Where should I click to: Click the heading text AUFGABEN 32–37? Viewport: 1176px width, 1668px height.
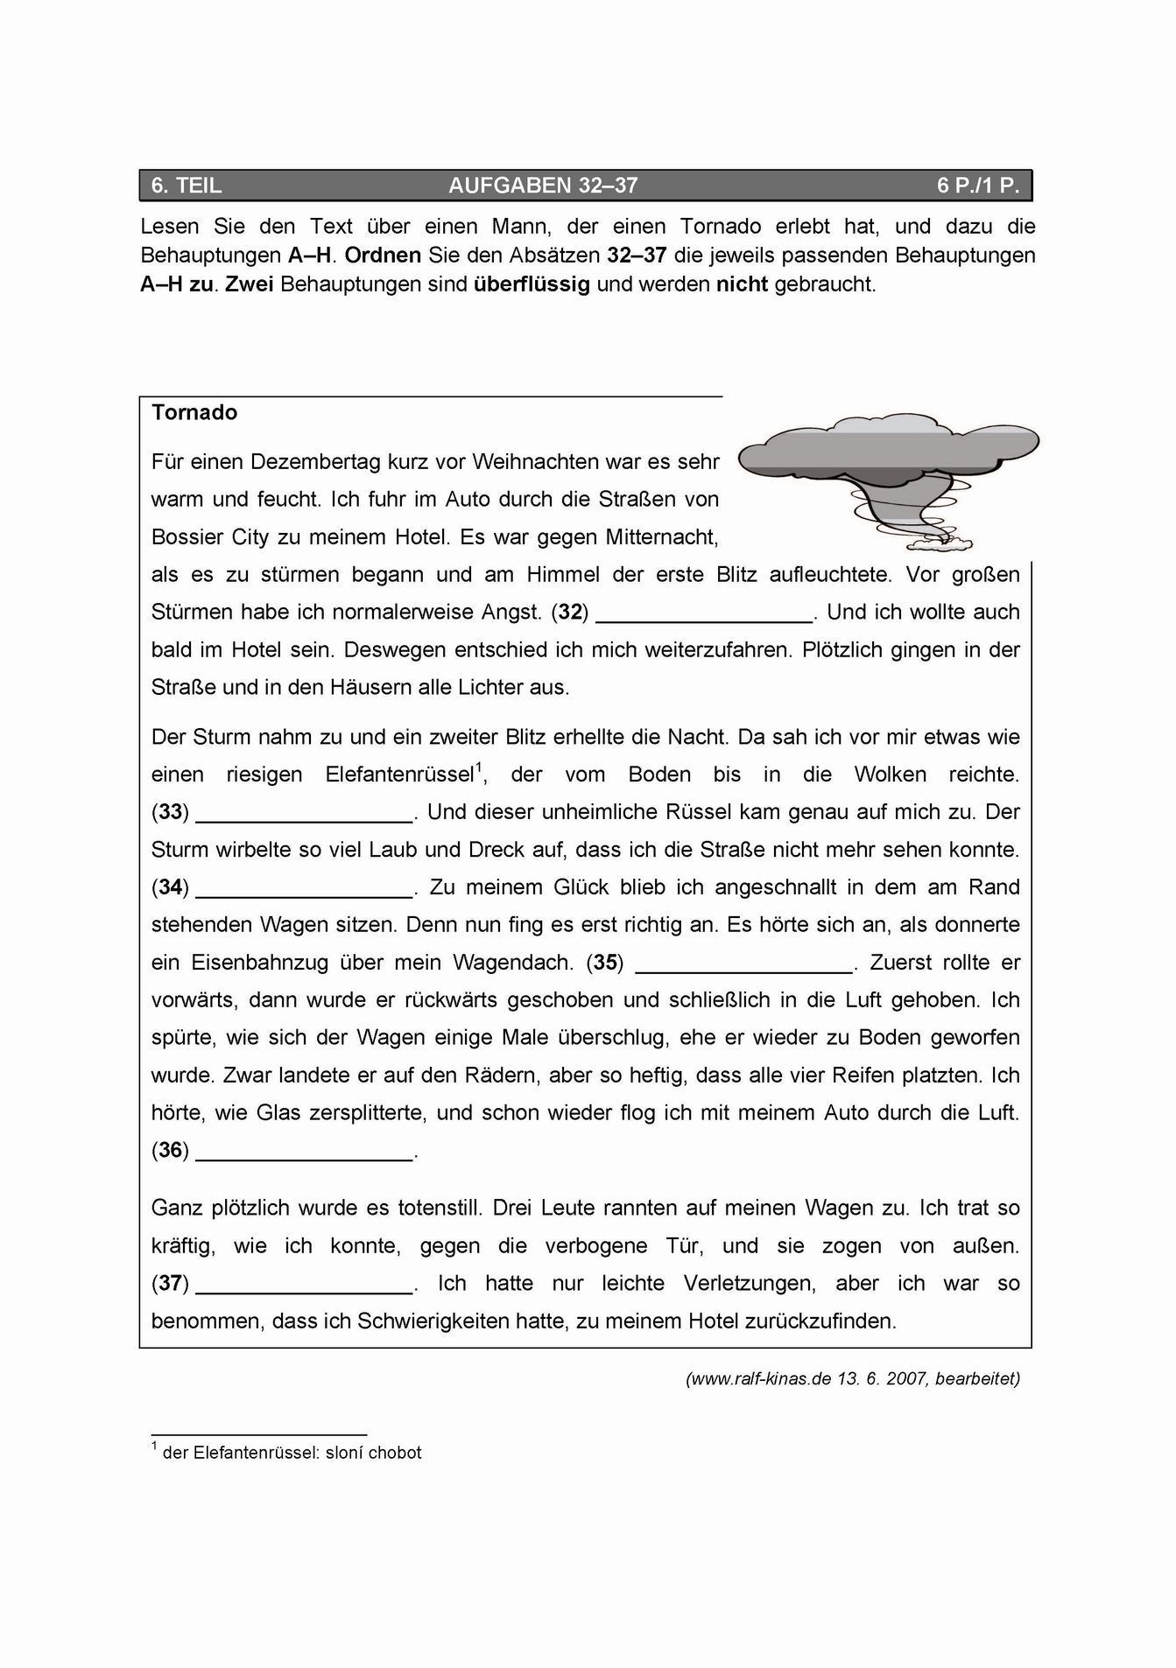543,186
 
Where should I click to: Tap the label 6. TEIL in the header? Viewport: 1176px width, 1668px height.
187,186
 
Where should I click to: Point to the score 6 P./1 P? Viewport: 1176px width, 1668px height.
978,186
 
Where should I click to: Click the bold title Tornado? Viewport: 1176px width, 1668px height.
194,412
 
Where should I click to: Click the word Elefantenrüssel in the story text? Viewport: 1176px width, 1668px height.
399,775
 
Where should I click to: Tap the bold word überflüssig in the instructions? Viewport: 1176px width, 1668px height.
532,285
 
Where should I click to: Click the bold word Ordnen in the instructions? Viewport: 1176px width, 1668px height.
383,256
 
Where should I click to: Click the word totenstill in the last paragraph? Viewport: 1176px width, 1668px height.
435,1209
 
